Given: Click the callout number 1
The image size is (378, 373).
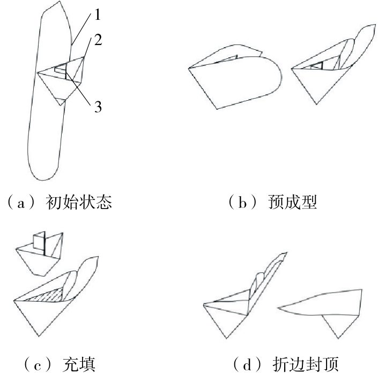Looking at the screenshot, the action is click(97, 14).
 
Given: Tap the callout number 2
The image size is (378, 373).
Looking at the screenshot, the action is click(98, 40).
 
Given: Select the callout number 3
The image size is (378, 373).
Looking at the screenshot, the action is click(98, 107).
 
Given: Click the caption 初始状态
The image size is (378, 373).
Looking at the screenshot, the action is click(79, 202).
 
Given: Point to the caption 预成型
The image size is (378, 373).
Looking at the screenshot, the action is click(292, 202).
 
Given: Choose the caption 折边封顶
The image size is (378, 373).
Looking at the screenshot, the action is click(306, 364).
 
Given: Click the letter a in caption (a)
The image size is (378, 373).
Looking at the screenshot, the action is click(21, 204).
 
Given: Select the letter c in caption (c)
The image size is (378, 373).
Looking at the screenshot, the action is click(38, 366).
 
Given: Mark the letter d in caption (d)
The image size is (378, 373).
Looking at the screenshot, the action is click(247, 364).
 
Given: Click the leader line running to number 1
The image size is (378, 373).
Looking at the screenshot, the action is click(81, 29).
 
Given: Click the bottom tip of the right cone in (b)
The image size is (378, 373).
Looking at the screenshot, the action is click(316, 104).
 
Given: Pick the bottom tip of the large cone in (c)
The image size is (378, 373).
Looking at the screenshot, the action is click(39, 336).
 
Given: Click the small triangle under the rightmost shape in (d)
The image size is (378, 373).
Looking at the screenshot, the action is click(339, 326).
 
